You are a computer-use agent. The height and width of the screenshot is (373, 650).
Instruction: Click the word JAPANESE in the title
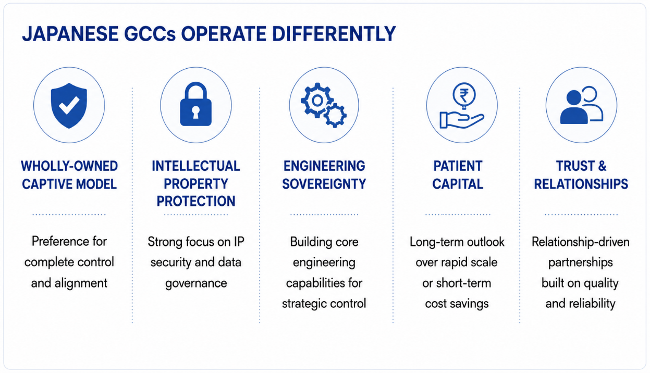click(x=70, y=34)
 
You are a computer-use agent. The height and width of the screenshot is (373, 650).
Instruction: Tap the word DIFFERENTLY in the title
click(x=334, y=34)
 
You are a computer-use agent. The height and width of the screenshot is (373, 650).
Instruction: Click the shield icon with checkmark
click(x=69, y=106)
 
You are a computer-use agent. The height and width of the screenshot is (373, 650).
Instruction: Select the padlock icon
click(x=196, y=104)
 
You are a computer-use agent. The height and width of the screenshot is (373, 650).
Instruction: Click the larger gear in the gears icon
click(x=317, y=101)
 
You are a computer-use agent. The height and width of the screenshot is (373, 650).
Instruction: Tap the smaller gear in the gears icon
click(x=335, y=116)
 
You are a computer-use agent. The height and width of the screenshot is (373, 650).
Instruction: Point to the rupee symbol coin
click(x=464, y=95)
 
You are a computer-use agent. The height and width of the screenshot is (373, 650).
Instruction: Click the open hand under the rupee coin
click(x=462, y=120)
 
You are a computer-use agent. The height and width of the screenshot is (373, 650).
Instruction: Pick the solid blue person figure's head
click(x=574, y=98)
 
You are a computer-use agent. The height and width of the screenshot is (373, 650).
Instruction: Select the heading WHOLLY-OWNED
click(x=69, y=166)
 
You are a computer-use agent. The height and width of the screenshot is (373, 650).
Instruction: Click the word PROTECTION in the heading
click(x=196, y=201)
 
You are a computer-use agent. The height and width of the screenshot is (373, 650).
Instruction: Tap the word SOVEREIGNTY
click(x=324, y=184)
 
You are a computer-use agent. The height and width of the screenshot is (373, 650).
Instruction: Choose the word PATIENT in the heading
click(x=458, y=166)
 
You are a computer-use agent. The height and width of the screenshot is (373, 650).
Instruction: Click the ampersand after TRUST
click(x=602, y=166)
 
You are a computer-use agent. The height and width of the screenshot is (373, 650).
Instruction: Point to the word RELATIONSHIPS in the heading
click(x=581, y=184)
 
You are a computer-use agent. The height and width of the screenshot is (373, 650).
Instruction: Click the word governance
click(x=196, y=283)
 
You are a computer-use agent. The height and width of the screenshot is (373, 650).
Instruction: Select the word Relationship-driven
click(x=581, y=242)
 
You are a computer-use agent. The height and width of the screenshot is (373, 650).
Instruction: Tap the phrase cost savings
click(x=457, y=304)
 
